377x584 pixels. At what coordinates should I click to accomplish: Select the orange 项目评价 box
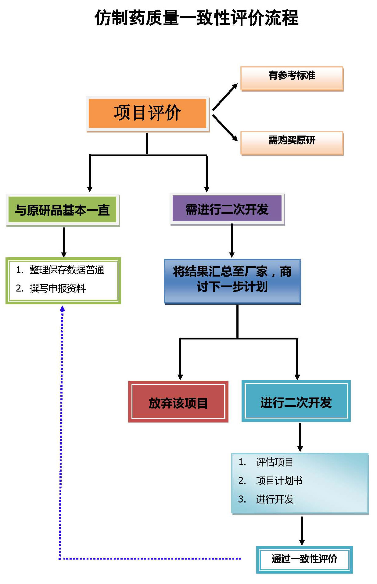[147, 113]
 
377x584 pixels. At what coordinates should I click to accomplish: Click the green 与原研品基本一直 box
[63, 210]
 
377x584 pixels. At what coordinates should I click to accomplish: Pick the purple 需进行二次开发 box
[227, 209]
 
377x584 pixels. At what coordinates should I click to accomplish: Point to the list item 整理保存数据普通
[66, 270]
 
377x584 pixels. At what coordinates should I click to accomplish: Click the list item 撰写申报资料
[57, 288]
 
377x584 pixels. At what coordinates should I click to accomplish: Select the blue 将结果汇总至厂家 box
[232, 280]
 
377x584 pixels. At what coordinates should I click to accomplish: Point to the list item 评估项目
[275, 462]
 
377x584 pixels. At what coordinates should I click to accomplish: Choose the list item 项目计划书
[279, 481]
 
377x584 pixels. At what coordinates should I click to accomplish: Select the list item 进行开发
[275, 499]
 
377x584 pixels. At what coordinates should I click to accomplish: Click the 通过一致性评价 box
[304, 559]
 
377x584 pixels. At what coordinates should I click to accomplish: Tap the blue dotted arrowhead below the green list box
[63, 309]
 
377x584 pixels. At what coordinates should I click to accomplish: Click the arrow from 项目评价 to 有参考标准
[225, 97]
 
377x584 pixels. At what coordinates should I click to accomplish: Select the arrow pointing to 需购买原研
[225, 128]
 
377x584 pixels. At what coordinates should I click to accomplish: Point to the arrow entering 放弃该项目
[180, 360]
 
